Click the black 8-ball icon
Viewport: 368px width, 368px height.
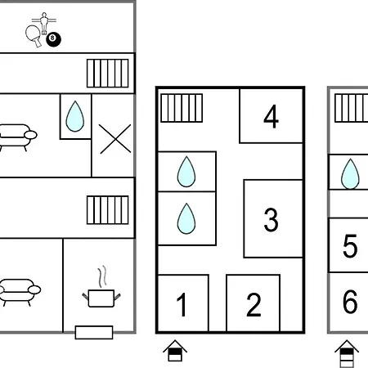pos(53,39)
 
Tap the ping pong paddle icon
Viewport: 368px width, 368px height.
pos(33,35)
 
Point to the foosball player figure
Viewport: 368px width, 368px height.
pos(44,23)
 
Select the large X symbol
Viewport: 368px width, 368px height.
pos(115,139)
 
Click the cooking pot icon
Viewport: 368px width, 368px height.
pos(101,298)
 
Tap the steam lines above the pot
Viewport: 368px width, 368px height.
pos(102,276)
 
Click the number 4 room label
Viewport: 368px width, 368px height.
pos(271,117)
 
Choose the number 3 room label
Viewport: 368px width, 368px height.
pos(271,220)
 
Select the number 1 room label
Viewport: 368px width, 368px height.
pos(182,304)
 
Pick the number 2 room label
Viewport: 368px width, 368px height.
pos(254,304)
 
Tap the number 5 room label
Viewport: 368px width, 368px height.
pos(350,245)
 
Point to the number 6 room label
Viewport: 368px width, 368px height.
pos(350,302)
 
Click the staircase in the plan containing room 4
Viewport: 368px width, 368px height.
pos(182,108)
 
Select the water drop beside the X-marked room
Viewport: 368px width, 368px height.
pos(75,116)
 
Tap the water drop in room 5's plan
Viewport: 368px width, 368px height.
pos(350,174)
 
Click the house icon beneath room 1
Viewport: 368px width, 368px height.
pos(175,351)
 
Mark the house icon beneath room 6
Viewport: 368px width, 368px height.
pos(347,353)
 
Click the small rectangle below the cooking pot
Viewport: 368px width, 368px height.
pos(94,332)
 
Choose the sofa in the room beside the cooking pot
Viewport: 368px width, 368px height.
pos(20,292)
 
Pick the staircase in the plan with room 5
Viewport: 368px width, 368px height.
pos(352,108)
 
